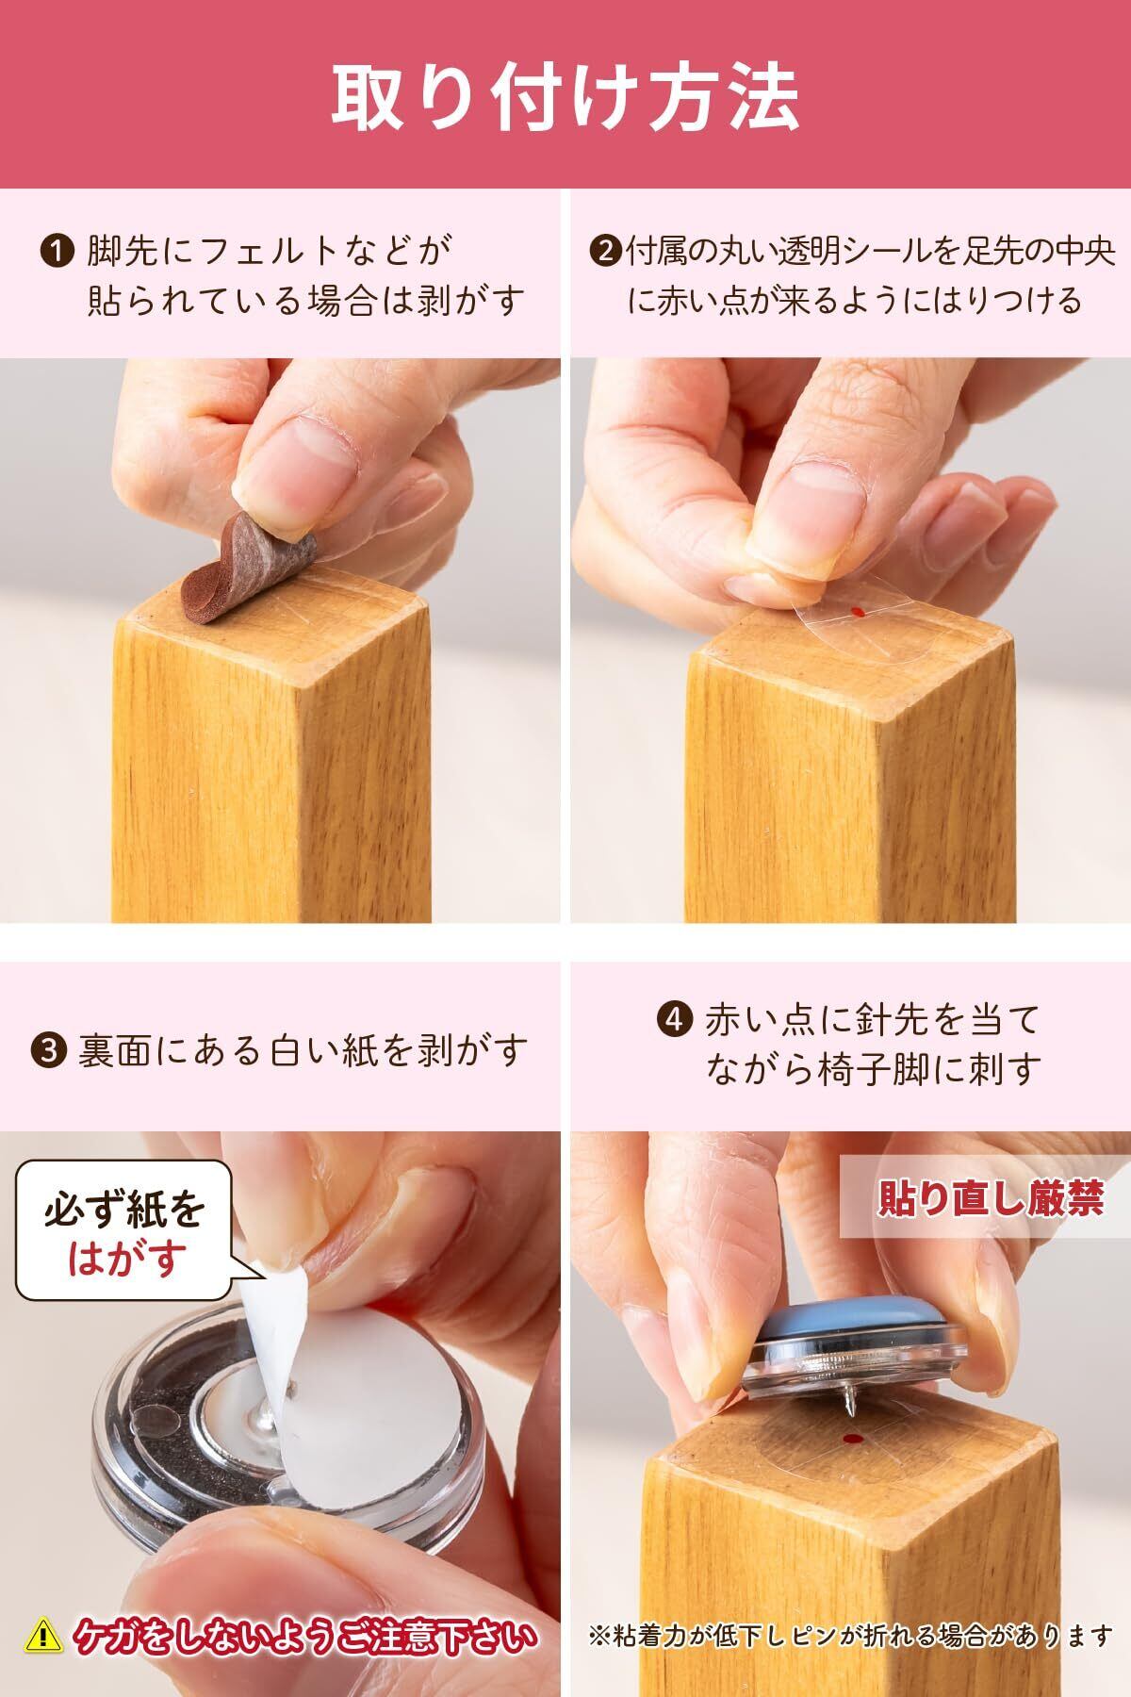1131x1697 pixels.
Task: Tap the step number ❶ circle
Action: point(57,253)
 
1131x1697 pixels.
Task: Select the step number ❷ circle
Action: point(604,253)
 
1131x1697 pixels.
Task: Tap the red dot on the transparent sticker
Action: point(855,612)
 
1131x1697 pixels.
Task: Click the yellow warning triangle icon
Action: point(41,1636)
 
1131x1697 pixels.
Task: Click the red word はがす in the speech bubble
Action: point(126,1258)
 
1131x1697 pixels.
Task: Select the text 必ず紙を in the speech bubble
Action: point(125,1210)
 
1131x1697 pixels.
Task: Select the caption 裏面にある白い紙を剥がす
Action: point(301,1049)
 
